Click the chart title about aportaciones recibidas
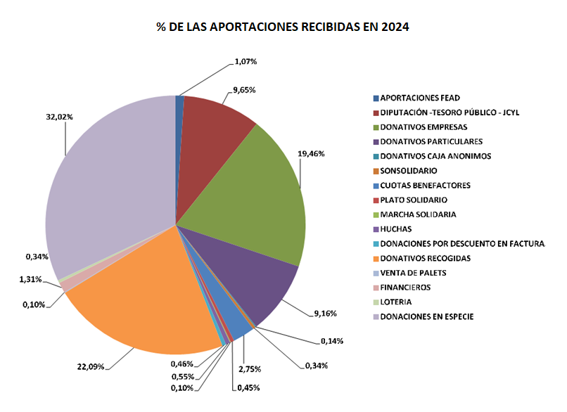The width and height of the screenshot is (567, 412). (x=283, y=27)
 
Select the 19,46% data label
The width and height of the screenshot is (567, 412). (x=312, y=153)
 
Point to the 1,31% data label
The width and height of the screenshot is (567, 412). (x=30, y=279)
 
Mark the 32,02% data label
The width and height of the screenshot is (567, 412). (x=59, y=117)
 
